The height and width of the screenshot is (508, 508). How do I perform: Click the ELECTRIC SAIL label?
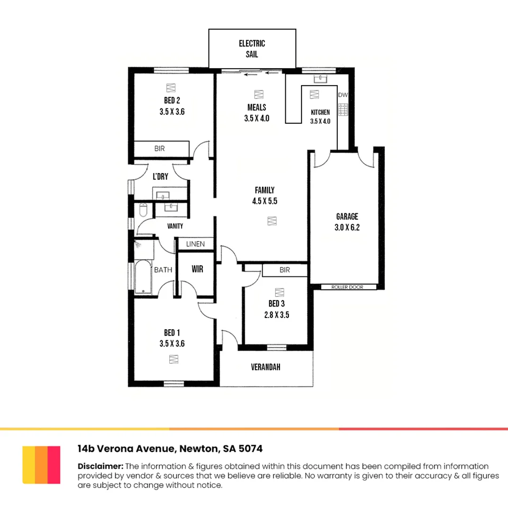252,49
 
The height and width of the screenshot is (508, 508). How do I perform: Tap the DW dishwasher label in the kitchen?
343,95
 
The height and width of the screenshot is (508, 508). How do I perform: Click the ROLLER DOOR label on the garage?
348,287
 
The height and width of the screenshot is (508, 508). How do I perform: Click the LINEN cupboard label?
195,244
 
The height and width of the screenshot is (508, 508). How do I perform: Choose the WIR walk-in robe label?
197,270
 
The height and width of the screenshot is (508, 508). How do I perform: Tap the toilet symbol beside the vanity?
143,210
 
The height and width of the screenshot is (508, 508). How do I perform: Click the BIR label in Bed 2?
160,149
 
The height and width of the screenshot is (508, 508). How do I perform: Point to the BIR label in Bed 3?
285,270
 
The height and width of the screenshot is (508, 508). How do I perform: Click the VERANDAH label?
265,367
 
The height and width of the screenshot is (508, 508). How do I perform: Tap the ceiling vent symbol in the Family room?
271,220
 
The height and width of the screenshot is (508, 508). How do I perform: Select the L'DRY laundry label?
160,177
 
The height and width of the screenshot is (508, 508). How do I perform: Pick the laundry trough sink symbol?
163,195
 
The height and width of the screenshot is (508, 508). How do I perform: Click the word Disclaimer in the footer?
100,466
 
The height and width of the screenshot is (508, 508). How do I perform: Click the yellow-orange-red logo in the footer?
41,465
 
